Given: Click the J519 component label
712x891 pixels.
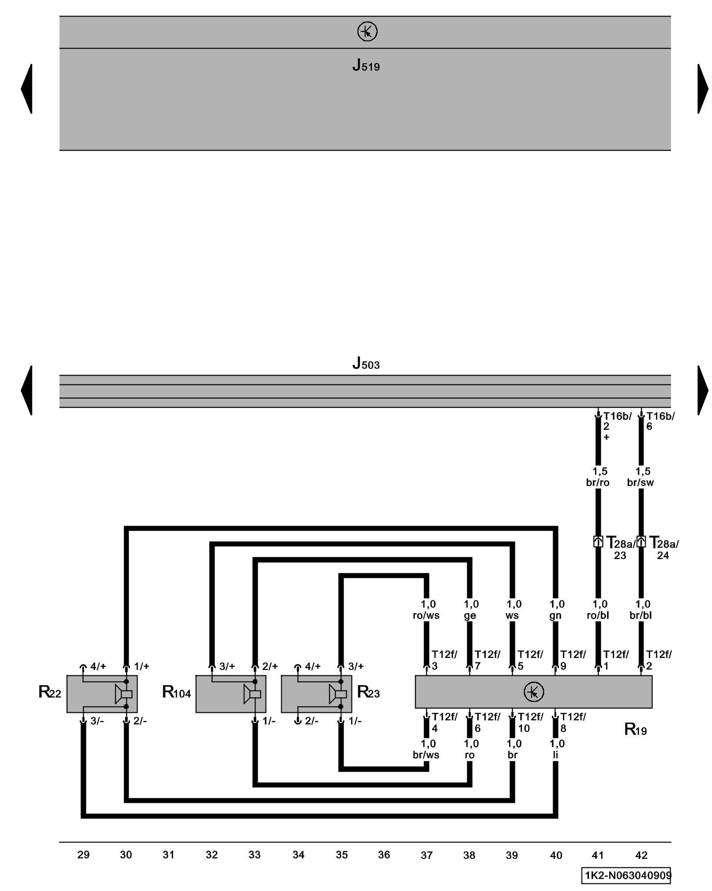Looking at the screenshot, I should (x=366, y=65).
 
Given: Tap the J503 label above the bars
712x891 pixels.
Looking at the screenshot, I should (x=366, y=364).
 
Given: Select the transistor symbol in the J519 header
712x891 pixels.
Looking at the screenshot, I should (x=367, y=32).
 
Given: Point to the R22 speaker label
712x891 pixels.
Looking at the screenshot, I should (x=49, y=692).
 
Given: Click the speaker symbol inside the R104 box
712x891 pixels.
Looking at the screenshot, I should (x=252, y=694).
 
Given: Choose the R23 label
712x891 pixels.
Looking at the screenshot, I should (x=368, y=692).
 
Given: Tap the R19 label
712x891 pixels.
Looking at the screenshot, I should (x=635, y=729).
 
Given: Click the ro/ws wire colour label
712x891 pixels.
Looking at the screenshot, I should (x=426, y=615).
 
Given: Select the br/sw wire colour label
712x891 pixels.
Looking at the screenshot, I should (x=640, y=482).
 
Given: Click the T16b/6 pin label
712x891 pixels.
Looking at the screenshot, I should (x=660, y=421).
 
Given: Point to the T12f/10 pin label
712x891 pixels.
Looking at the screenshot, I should (x=530, y=722).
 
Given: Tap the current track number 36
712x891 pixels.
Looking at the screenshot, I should (x=384, y=854).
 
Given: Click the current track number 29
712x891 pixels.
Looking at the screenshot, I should (x=83, y=854).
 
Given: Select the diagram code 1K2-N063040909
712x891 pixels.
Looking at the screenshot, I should (x=626, y=875).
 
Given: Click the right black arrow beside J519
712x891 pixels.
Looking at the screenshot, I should (x=702, y=89).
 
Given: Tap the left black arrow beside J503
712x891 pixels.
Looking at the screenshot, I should (x=27, y=390).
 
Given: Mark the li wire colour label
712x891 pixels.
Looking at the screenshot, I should (x=555, y=755).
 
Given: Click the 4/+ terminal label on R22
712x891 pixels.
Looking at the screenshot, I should (x=98, y=666).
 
